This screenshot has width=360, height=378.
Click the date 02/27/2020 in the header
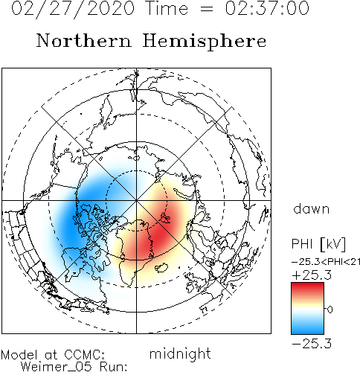(x=73, y=8)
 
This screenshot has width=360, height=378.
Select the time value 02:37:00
(x=267, y=8)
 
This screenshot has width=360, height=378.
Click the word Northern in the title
(x=84, y=41)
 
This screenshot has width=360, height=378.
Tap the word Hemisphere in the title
(x=205, y=42)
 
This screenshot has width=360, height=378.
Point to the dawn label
(x=312, y=209)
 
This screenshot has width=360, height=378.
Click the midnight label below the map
(x=180, y=354)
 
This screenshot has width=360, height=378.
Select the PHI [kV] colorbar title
(x=318, y=244)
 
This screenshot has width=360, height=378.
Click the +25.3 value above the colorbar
(x=312, y=275)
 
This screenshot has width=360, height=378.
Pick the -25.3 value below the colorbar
(x=312, y=344)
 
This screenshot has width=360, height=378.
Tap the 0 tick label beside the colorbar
(x=330, y=310)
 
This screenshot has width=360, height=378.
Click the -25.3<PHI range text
(x=323, y=262)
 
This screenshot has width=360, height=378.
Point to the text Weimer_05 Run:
(x=74, y=367)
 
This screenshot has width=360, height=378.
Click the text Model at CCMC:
(x=53, y=355)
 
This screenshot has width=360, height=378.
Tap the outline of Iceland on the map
(x=161, y=267)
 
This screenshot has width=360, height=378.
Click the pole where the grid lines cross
(x=136, y=200)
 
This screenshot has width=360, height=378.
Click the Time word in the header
(x=167, y=8)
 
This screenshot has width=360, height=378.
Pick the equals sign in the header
(x=206, y=10)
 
